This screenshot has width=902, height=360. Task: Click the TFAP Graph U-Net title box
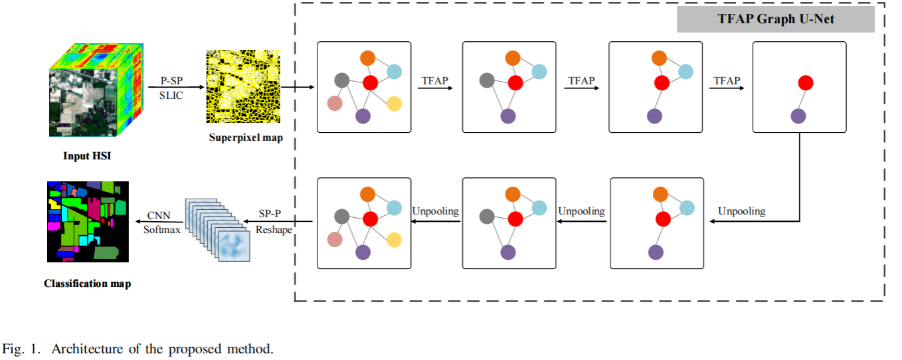[775, 19]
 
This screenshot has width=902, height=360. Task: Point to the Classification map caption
[88, 284]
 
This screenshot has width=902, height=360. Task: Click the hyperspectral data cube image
[97, 90]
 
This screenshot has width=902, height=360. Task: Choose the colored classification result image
[88, 222]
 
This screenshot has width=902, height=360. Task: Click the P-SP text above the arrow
[172, 79]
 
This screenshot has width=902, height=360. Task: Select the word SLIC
[171, 96]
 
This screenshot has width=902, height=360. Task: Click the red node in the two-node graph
[806, 83]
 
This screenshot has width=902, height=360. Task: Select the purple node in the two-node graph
[798, 117]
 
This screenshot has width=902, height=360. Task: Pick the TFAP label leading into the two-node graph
[727, 80]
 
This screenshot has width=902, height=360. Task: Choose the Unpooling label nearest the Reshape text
[436, 211]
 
